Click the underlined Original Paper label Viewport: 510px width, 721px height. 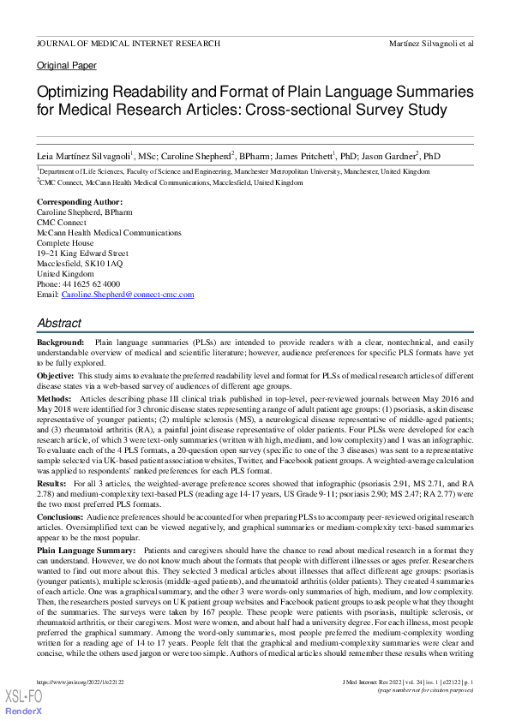[x=67, y=66]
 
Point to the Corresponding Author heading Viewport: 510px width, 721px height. [x=74, y=202]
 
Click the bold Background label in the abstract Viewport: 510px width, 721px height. [x=60, y=342]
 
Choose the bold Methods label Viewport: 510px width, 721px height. [x=54, y=399]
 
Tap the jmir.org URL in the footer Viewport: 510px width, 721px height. [x=85, y=682]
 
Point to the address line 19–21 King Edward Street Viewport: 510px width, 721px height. [x=82, y=253]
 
